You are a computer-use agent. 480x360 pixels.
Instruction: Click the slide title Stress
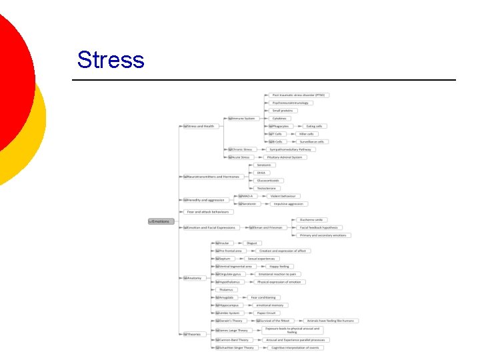click(x=111, y=59)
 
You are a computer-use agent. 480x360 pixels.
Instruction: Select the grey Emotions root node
click(x=160, y=221)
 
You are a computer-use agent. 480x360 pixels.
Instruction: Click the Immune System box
click(x=243, y=118)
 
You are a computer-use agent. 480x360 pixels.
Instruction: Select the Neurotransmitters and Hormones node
click(x=212, y=177)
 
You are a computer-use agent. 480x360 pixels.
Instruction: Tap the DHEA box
click(x=261, y=173)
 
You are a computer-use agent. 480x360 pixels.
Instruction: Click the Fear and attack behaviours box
click(x=209, y=212)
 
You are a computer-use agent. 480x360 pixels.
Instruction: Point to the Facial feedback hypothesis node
click(x=319, y=227)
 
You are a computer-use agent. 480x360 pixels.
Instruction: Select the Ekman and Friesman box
click(x=267, y=227)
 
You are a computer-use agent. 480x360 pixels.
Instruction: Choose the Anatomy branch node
click(x=193, y=278)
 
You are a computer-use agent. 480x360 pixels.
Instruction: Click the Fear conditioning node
click(x=263, y=297)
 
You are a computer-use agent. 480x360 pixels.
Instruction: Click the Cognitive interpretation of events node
click(x=295, y=347)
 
